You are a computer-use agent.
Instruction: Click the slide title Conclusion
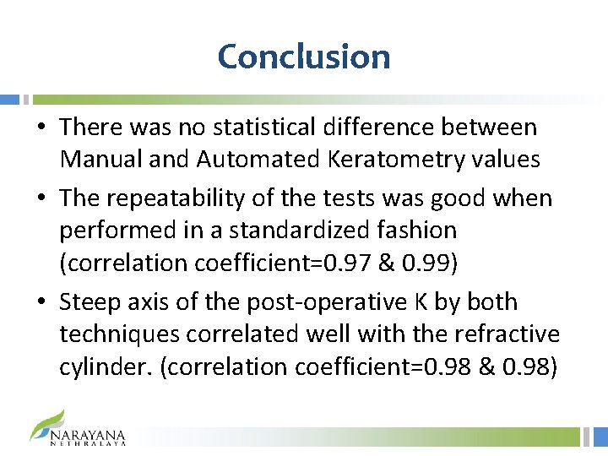click(304, 57)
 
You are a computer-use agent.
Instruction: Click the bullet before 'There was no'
click(41, 128)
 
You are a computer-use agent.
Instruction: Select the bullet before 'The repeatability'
click(41, 199)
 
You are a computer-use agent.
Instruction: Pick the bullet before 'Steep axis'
click(41, 302)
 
